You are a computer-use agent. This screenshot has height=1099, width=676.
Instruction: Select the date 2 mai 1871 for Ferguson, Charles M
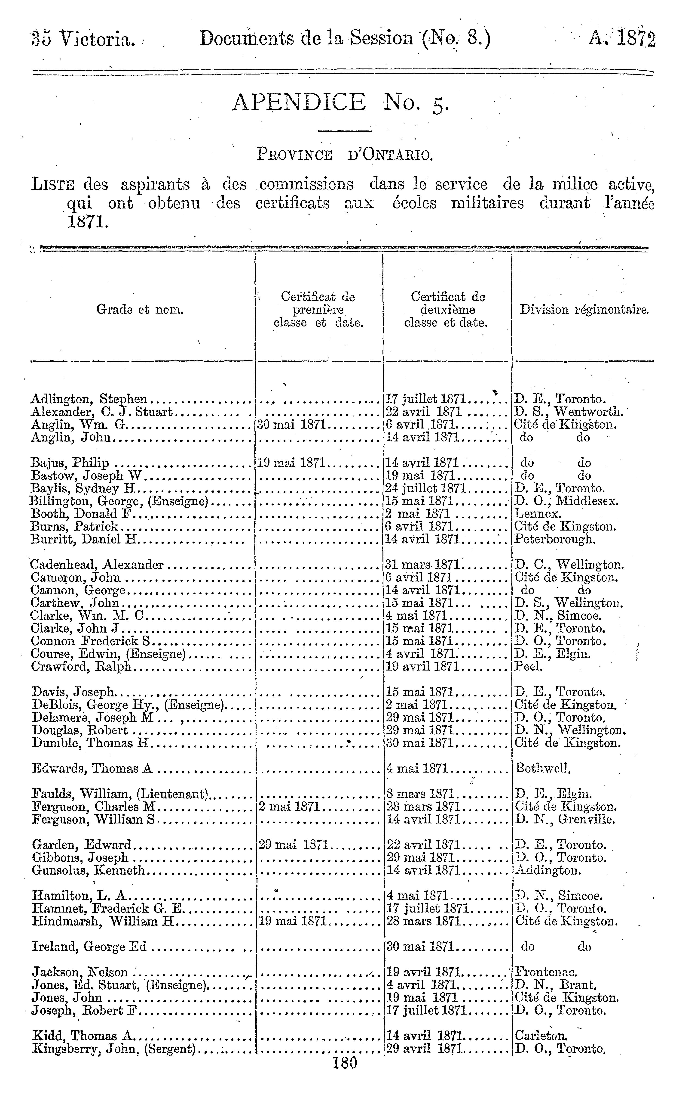288,807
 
